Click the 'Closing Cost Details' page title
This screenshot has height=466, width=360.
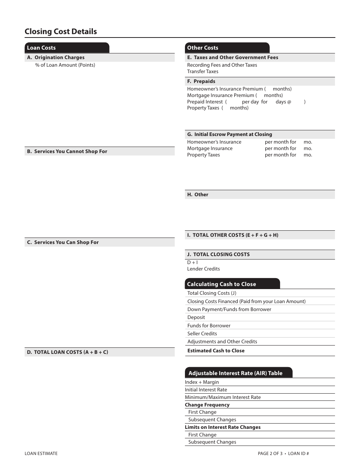(x=61, y=31)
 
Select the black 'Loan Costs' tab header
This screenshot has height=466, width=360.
(x=41, y=48)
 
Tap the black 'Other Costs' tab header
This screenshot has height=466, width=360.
(x=203, y=48)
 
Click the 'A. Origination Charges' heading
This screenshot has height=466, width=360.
(x=56, y=58)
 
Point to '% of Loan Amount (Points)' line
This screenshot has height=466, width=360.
(x=65, y=65)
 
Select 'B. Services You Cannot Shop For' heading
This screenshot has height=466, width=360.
(x=67, y=152)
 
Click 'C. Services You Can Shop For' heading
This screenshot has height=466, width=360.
(x=63, y=242)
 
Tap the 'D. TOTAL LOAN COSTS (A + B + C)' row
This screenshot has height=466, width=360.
(x=67, y=352)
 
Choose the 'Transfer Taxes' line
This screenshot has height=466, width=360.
(x=203, y=72)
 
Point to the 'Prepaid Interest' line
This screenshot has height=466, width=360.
(x=205, y=102)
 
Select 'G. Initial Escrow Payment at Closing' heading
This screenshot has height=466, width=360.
(x=230, y=134)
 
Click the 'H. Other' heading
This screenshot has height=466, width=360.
(x=198, y=195)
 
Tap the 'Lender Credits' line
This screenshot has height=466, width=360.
(x=203, y=269)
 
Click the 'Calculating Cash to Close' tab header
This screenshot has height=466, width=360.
(x=222, y=284)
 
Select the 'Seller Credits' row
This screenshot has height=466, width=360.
(x=202, y=334)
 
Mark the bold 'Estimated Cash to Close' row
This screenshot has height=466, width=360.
(x=216, y=351)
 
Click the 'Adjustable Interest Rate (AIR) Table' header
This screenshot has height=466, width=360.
(x=235, y=373)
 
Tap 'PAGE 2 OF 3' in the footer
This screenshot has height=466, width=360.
(x=270, y=453)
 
